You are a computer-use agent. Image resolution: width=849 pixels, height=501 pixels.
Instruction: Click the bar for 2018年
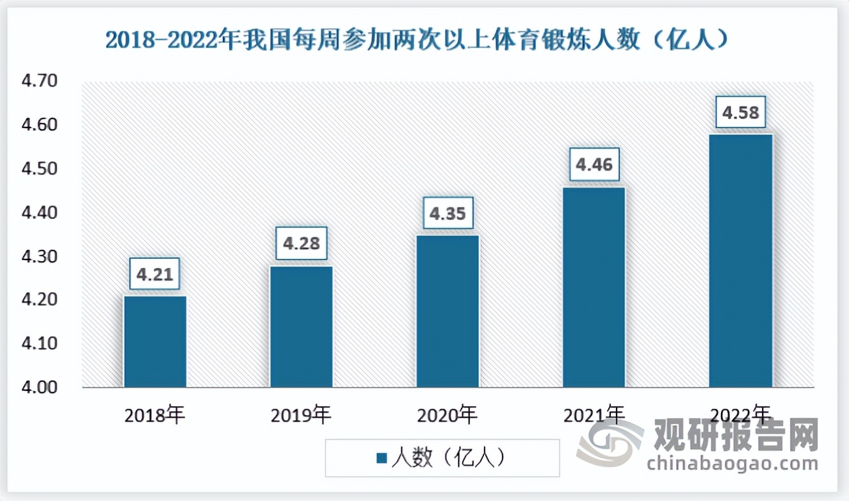tap(155, 341)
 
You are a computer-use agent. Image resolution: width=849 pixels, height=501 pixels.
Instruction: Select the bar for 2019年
tap(301, 327)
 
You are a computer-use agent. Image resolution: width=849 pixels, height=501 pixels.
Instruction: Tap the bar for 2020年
tap(448, 311)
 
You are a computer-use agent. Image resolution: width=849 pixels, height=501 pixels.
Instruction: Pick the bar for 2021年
tap(594, 287)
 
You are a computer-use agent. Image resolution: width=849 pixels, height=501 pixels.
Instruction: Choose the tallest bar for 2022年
tap(740, 261)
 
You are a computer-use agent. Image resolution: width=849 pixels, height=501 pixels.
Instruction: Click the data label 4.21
tap(154, 274)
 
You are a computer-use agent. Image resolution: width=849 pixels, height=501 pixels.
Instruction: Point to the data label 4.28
tap(301, 243)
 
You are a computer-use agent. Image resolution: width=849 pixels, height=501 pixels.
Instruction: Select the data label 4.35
tap(448, 213)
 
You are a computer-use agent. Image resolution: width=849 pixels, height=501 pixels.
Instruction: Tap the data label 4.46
tap(594, 165)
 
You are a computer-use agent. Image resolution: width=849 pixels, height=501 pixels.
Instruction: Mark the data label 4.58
tap(741, 113)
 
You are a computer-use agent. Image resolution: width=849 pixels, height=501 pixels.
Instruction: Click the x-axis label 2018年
tap(155, 415)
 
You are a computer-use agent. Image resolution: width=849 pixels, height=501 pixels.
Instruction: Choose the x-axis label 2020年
tap(448, 415)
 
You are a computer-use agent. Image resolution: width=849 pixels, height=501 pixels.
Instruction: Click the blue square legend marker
tap(382, 457)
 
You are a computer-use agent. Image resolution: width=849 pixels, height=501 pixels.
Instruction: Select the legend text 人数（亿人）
tap(449, 457)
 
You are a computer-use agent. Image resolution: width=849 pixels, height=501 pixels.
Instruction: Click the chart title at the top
tap(416, 40)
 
